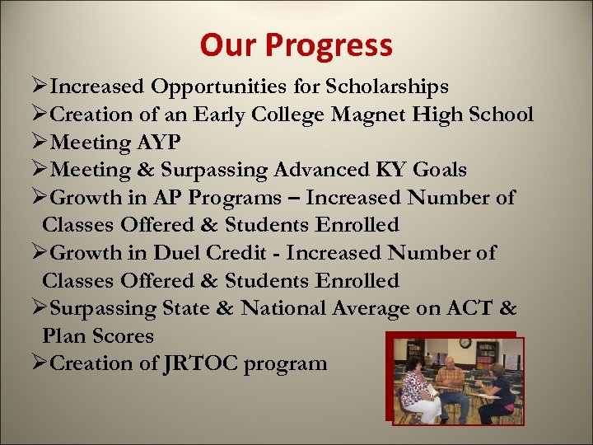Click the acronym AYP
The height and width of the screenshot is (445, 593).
[158, 143]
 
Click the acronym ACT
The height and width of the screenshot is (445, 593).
[466, 308]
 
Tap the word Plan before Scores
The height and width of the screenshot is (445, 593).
[66, 336]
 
